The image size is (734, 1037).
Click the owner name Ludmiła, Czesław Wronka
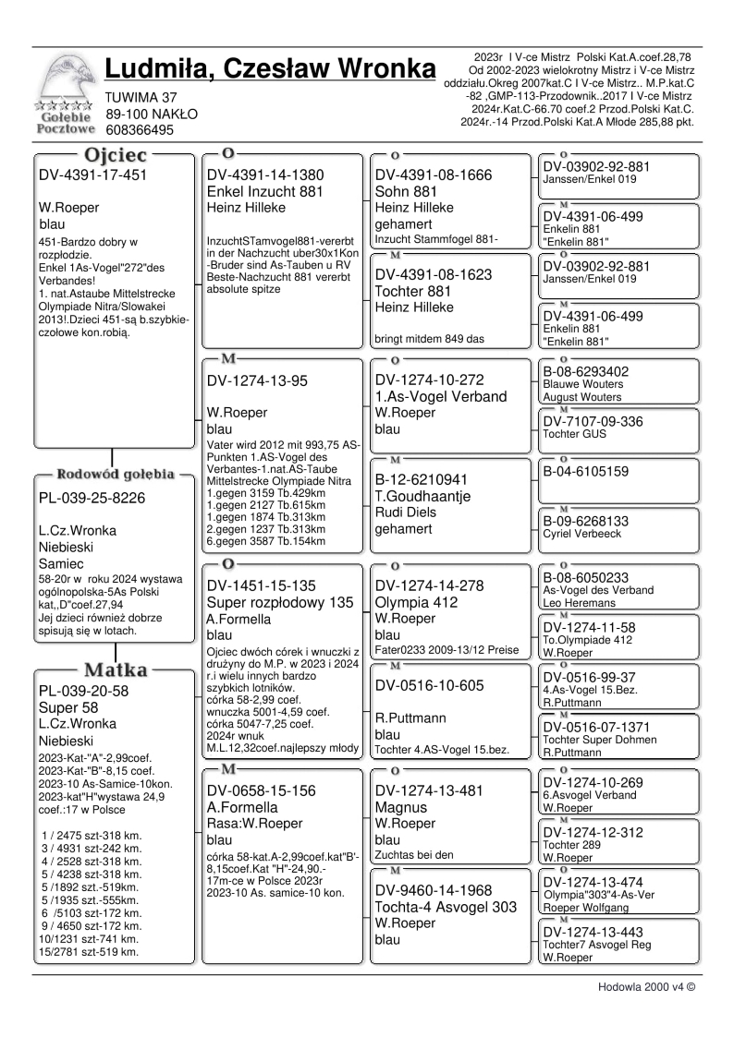click(x=270, y=69)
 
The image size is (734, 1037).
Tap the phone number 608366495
click(x=140, y=130)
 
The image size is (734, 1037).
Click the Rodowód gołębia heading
click(x=116, y=475)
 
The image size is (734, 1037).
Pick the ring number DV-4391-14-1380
click(x=265, y=175)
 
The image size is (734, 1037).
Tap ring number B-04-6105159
click(x=593, y=471)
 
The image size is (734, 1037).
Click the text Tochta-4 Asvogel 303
click(x=445, y=908)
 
